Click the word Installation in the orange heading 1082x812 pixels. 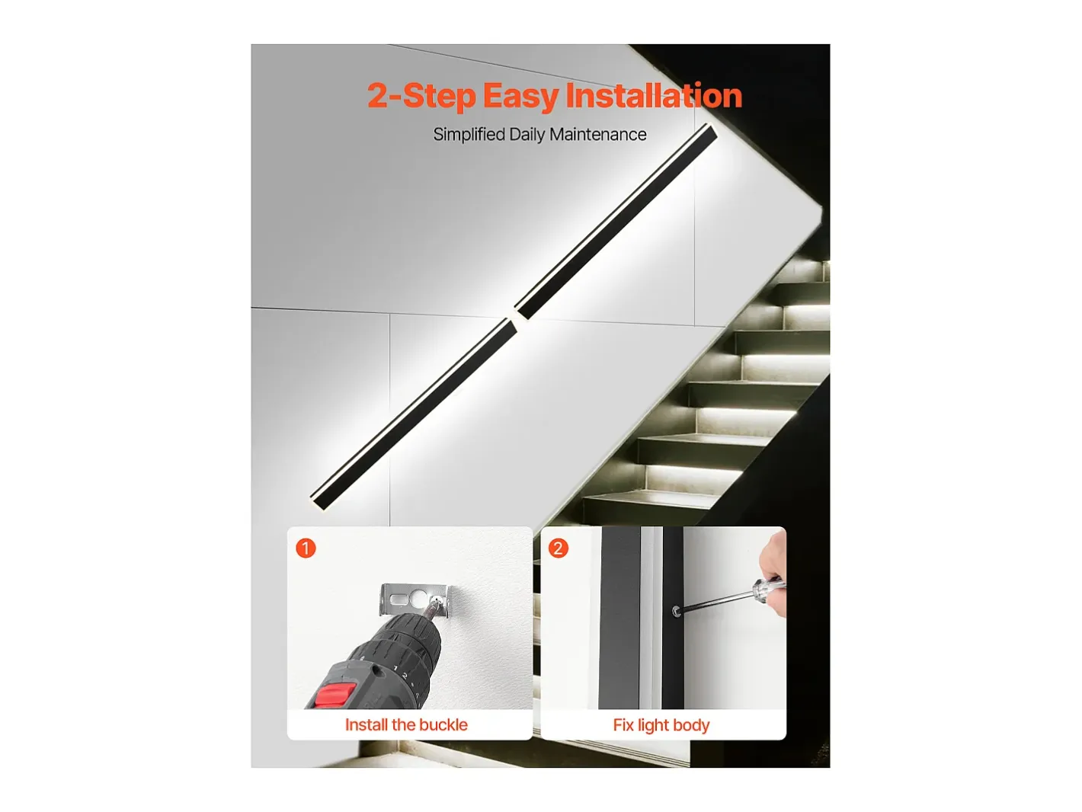pyautogui.click(x=654, y=95)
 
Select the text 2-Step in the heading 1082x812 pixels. pyautogui.click(x=421, y=97)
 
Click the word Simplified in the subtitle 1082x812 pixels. pyautogui.click(x=469, y=135)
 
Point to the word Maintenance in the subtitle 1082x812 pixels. pyautogui.click(x=598, y=135)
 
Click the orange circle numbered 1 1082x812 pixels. pyautogui.click(x=306, y=548)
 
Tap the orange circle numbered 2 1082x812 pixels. pyautogui.click(x=559, y=548)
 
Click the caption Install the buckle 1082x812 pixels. pyautogui.click(x=406, y=725)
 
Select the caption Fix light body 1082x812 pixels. pyautogui.click(x=661, y=725)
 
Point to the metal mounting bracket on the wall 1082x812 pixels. pyautogui.click(x=415, y=599)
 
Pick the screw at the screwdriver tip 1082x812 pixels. pyautogui.click(x=677, y=612)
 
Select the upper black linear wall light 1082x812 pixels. pyautogui.click(x=616, y=221)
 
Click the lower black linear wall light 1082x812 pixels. pyautogui.click(x=413, y=414)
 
